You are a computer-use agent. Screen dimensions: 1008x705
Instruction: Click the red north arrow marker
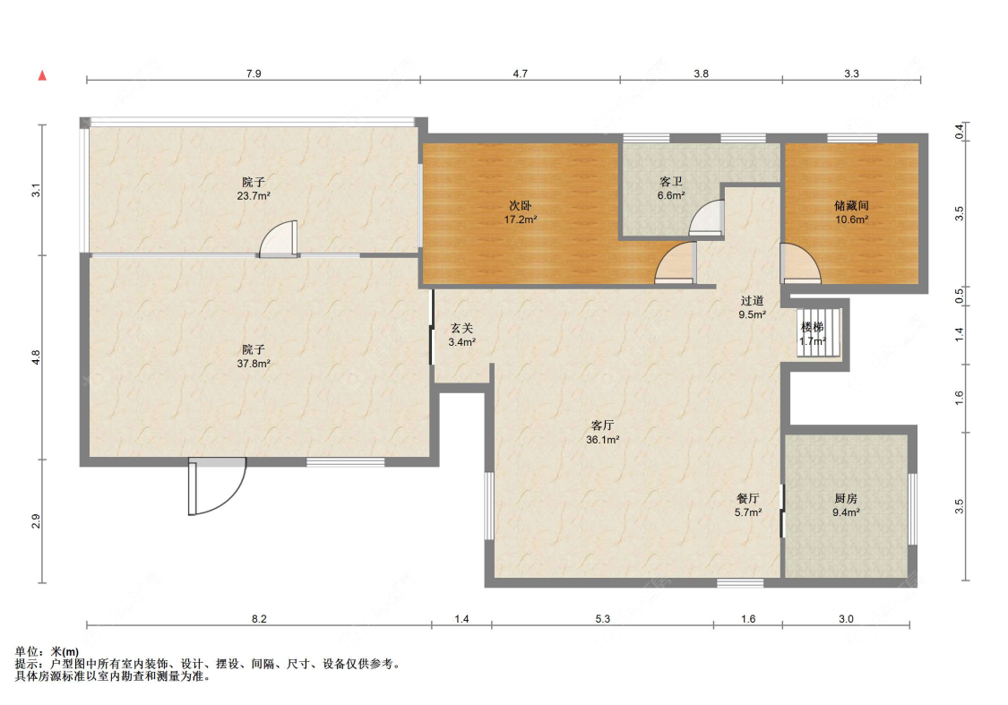click(42, 75)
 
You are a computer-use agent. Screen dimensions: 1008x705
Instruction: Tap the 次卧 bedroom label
click(520, 206)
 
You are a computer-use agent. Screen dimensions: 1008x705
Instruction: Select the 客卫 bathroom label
click(670, 182)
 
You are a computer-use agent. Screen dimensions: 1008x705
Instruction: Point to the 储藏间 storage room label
click(851, 206)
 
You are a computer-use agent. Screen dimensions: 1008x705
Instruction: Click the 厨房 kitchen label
click(845, 498)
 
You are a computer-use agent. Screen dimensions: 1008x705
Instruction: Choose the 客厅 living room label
click(602, 426)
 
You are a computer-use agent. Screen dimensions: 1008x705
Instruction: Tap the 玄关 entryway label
click(461, 328)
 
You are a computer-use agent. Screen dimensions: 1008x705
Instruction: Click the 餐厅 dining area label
click(747, 498)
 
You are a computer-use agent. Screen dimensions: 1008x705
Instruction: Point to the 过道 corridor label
click(752, 300)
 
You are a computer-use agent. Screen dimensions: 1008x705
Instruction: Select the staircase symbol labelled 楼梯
click(819, 331)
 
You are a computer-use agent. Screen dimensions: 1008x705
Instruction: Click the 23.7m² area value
click(254, 196)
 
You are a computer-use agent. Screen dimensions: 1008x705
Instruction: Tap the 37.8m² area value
click(254, 363)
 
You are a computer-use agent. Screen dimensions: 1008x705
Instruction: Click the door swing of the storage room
click(801, 263)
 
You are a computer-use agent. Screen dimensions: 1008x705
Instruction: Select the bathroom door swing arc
click(706, 218)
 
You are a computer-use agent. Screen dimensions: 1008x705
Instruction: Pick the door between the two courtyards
click(279, 239)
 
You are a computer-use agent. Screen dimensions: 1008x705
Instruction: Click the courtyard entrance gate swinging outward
click(218, 486)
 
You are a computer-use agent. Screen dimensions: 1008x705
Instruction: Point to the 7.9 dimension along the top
click(254, 73)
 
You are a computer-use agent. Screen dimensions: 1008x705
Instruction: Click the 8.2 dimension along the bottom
click(259, 619)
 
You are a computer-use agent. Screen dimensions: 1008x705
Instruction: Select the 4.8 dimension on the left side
click(36, 357)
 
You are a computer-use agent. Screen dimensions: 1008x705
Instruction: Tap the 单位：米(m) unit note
click(47, 651)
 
